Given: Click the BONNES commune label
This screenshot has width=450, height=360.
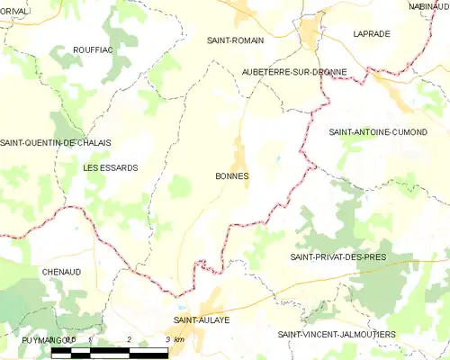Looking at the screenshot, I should coord(233,176).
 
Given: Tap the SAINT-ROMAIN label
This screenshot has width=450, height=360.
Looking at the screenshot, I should coord(235,40).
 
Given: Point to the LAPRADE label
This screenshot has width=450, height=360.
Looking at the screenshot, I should coord(372,33).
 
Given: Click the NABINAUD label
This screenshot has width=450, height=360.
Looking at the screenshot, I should coord(428,6).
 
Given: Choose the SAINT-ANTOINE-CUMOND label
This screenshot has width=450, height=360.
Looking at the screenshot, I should coord(378,132).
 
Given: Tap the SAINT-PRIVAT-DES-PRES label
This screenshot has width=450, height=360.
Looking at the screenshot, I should coord(338,257).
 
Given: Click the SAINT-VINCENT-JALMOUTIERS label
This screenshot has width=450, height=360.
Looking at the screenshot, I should coord(337,334).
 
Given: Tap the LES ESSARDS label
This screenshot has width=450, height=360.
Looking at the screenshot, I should coord(110,168).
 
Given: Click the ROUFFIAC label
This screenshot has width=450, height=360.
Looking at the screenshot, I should coord(93,50).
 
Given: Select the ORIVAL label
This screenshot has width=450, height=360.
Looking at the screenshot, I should coord(15,11).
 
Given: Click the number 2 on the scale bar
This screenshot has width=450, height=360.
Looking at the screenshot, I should coord(130,339).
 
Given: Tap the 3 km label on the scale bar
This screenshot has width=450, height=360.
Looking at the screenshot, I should coord(174,339).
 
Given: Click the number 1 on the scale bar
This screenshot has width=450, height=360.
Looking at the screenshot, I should coord(91,339).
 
